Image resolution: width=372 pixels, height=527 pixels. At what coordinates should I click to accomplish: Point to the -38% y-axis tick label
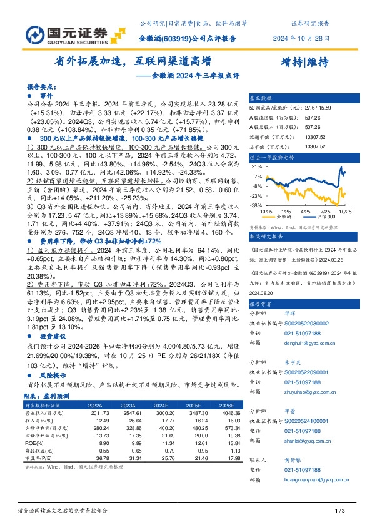pyautogui.click(x=256, y=205)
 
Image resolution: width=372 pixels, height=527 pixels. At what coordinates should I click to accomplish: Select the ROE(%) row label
pyautogui.click(x=31, y=443)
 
